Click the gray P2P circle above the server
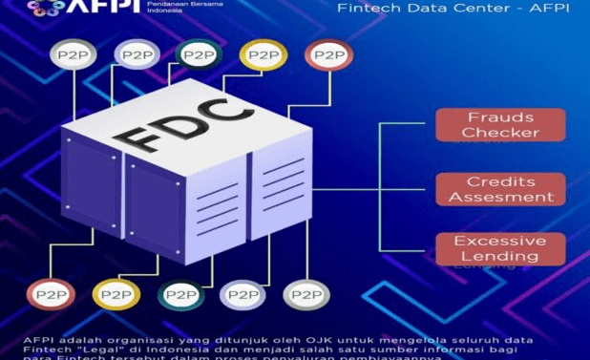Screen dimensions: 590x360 click(x=77, y=54)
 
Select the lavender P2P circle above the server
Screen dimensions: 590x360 click(x=137, y=54)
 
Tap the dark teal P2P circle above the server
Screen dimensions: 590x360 click(x=199, y=54)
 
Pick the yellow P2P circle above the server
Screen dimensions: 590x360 click(x=263, y=54)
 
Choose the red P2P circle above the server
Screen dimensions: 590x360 click(x=327, y=54)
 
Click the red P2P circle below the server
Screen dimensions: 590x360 click(x=51, y=294)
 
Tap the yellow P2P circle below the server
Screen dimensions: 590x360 click(x=116, y=294)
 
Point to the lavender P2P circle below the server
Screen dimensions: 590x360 click(x=242, y=294)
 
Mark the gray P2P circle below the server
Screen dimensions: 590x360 click(x=306, y=294)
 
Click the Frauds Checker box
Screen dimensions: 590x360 click(x=500, y=125)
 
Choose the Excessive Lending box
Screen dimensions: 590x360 click(x=500, y=248)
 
